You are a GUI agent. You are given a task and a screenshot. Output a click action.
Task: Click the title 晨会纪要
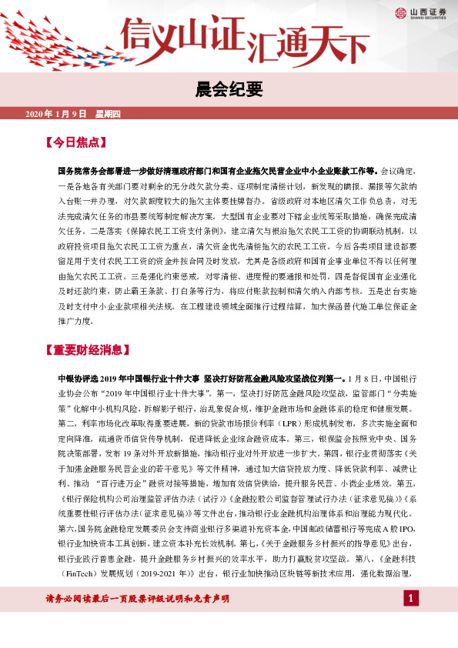(x=229, y=86)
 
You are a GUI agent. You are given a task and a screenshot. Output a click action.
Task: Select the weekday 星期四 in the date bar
(x=108, y=114)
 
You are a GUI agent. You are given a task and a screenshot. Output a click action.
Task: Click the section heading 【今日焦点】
(x=75, y=142)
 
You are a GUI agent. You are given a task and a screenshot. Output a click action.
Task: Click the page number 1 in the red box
(x=412, y=620)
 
